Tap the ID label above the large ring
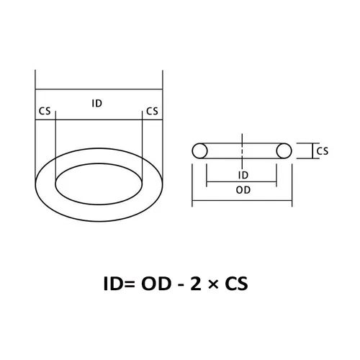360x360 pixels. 97,103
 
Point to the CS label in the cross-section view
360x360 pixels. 322,150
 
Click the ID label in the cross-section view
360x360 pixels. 243,175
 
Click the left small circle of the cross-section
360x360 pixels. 201,150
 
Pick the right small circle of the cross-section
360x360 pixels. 284,150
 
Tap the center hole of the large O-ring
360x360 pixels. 98,180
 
